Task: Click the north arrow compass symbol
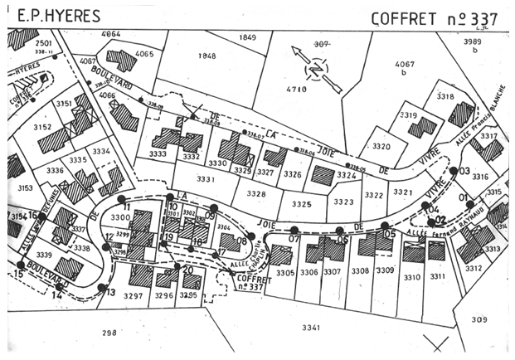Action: [x=316, y=69]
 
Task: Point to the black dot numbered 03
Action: [x=454, y=172]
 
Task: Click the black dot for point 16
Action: [x=38, y=216]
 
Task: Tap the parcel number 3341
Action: [x=310, y=328]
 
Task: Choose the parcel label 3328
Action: [x=256, y=193]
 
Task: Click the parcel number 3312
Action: [x=473, y=268]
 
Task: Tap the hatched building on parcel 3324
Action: [x=322, y=175]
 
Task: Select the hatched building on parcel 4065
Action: [x=122, y=61]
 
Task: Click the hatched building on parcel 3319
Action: [x=422, y=126]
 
